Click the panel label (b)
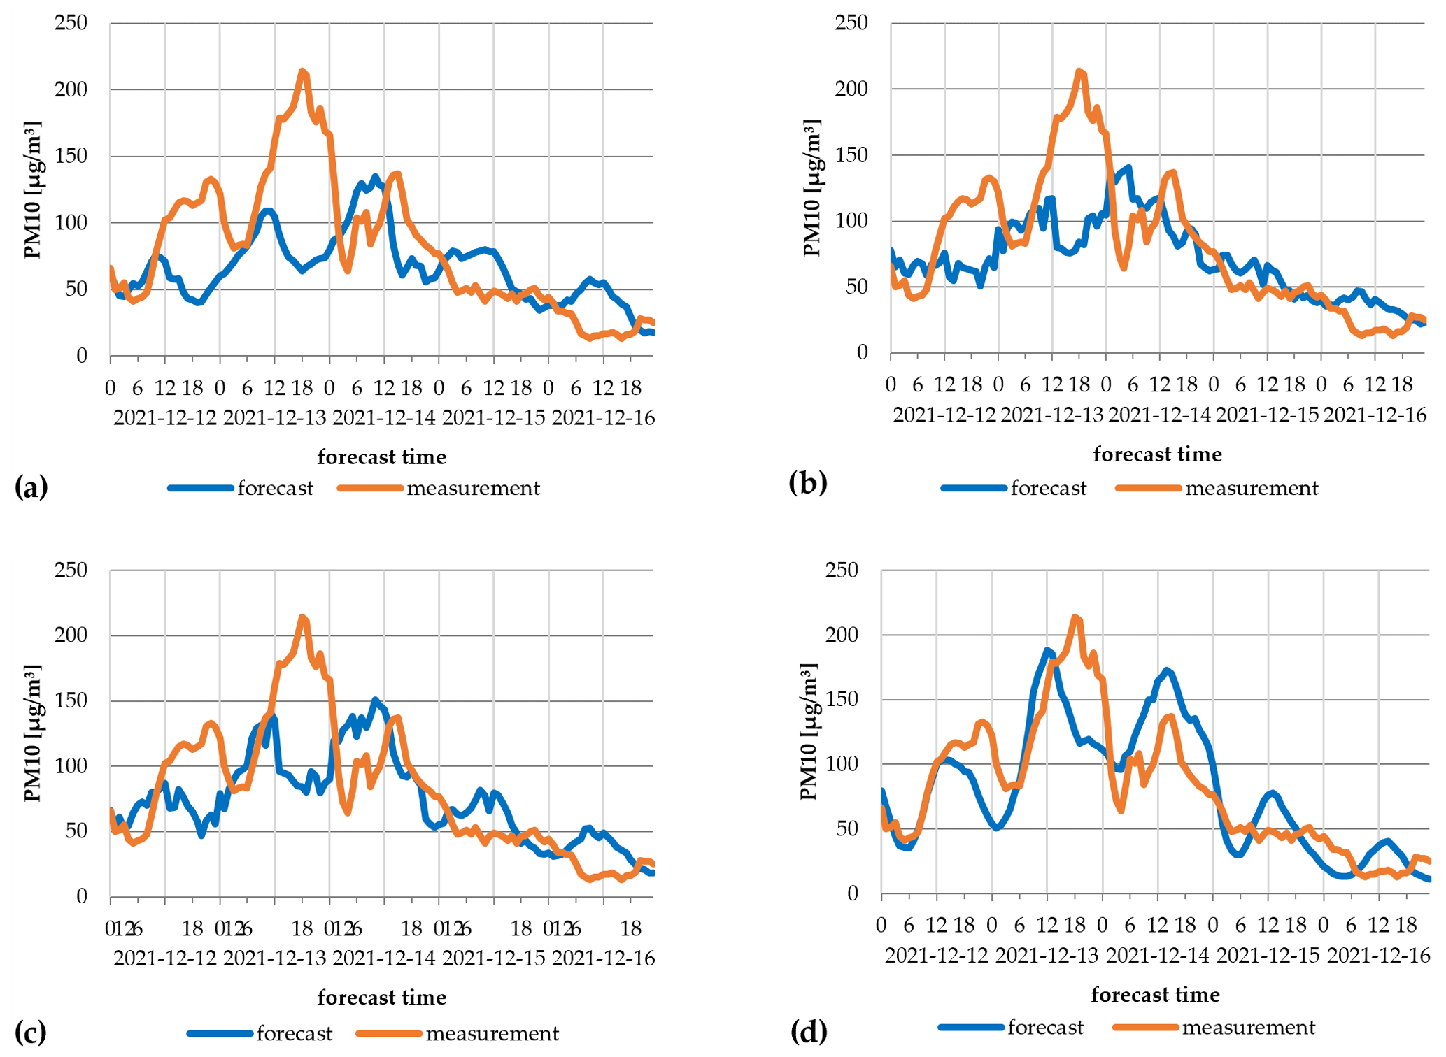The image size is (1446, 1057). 807,482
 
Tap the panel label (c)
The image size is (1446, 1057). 31,1032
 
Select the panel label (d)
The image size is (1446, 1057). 809,1030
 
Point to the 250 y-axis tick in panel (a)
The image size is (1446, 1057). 71,23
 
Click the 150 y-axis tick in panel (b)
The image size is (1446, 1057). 851,154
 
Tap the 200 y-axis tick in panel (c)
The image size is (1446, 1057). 71,635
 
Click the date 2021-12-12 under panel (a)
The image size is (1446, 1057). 165,418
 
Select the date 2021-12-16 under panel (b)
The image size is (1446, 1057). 1375,415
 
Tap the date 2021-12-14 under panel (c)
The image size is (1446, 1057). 384,958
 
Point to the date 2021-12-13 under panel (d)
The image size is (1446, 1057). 1047,955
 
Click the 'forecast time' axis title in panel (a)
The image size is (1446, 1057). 382,457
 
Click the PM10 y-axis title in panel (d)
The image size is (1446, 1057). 809,732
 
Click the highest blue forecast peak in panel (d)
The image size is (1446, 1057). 1047,650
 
